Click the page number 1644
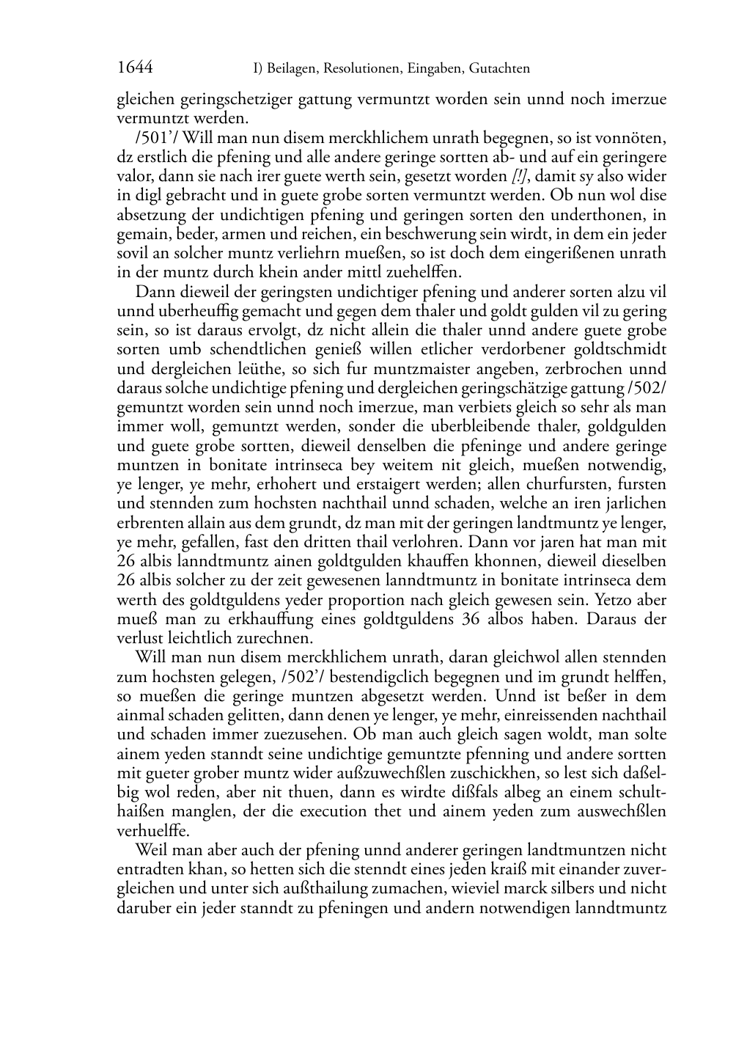tap(135, 68)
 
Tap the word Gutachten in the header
tap(499, 69)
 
